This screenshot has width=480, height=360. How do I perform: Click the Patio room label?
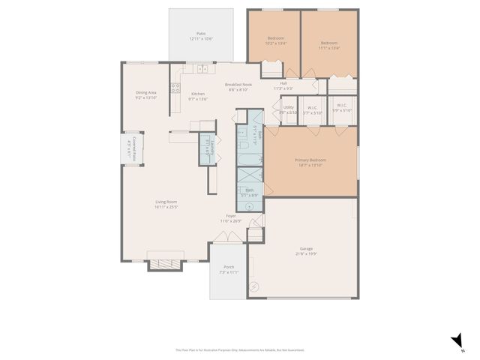pyautogui.click(x=201, y=34)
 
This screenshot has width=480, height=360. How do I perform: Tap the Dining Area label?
pyautogui.click(x=145, y=93)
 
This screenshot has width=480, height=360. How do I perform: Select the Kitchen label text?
pyautogui.click(x=197, y=94)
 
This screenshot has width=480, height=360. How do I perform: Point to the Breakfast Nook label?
pyautogui.click(x=239, y=85)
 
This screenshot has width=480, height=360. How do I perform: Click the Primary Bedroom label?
pyautogui.click(x=310, y=160)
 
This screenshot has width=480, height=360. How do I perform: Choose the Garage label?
pyautogui.click(x=306, y=248)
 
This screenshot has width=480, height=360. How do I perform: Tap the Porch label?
pyautogui.click(x=229, y=267)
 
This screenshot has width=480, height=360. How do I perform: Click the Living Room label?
pyautogui.click(x=166, y=202)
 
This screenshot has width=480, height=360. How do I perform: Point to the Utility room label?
pyautogui.click(x=289, y=107)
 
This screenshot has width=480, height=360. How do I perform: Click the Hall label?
pyautogui.click(x=283, y=83)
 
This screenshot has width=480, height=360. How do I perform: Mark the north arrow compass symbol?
pyautogui.click(x=456, y=340)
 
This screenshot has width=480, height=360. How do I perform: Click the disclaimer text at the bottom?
pyautogui.click(x=240, y=349)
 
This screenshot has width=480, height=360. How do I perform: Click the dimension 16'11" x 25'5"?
pyautogui.click(x=166, y=207)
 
